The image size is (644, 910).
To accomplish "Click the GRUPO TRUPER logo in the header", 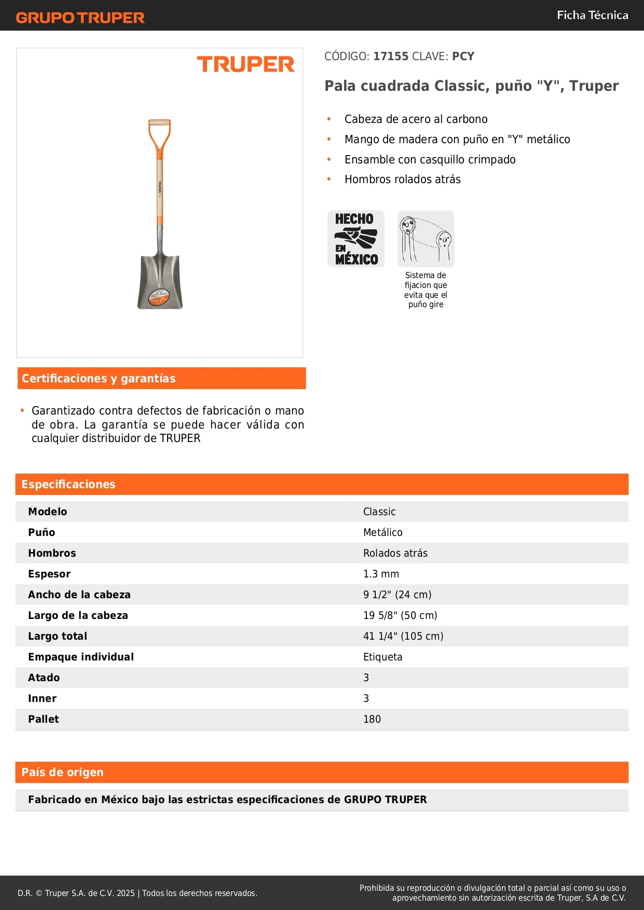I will click(x=80, y=18).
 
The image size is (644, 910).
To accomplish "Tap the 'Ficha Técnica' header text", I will click(x=592, y=15).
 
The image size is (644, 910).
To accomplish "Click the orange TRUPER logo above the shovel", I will click(x=245, y=64).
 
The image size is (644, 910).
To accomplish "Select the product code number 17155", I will click(x=391, y=57).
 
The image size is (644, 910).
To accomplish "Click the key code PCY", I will click(x=463, y=57).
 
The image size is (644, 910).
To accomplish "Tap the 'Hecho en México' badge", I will click(x=356, y=239).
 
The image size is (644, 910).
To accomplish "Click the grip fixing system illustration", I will click(x=426, y=239).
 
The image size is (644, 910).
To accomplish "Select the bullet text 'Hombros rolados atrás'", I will click(x=402, y=180).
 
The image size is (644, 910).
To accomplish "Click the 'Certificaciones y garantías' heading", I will click(x=99, y=379).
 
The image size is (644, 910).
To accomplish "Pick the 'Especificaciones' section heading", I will click(x=68, y=485).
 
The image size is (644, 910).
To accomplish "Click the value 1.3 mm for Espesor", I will click(x=381, y=574).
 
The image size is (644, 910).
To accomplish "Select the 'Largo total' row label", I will click(x=58, y=636).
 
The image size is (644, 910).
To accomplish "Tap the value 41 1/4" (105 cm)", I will click(x=403, y=636).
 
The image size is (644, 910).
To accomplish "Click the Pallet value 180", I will click(x=372, y=719).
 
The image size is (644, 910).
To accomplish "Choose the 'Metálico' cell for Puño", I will click(x=382, y=532).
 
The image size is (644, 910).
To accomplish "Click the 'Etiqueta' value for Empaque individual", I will click(x=382, y=657).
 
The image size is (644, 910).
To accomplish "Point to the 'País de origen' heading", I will click(x=62, y=773).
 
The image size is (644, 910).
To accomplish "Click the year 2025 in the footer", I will click(x=126, y=893).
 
